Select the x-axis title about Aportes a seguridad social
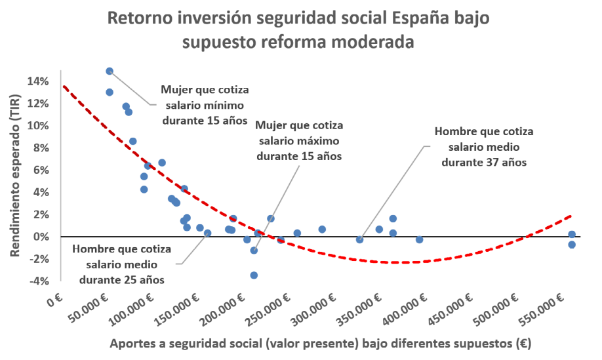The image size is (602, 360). tap(320, 343)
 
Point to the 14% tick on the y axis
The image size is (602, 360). tap(37, 81)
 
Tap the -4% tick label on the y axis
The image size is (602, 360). tap(37, 281)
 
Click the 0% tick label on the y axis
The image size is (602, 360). tap(40, 236)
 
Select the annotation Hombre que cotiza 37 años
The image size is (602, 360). tap(484, 146)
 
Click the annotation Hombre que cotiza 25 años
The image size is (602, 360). tap(122, 264)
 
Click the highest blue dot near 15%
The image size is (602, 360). tap(110, 71)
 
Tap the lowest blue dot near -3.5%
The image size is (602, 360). tap(254, 275)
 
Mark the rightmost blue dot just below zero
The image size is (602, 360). tap(572, 245)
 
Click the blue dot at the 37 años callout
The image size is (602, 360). tap(359, 240)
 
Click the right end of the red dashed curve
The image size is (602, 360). tap(571, 215)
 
